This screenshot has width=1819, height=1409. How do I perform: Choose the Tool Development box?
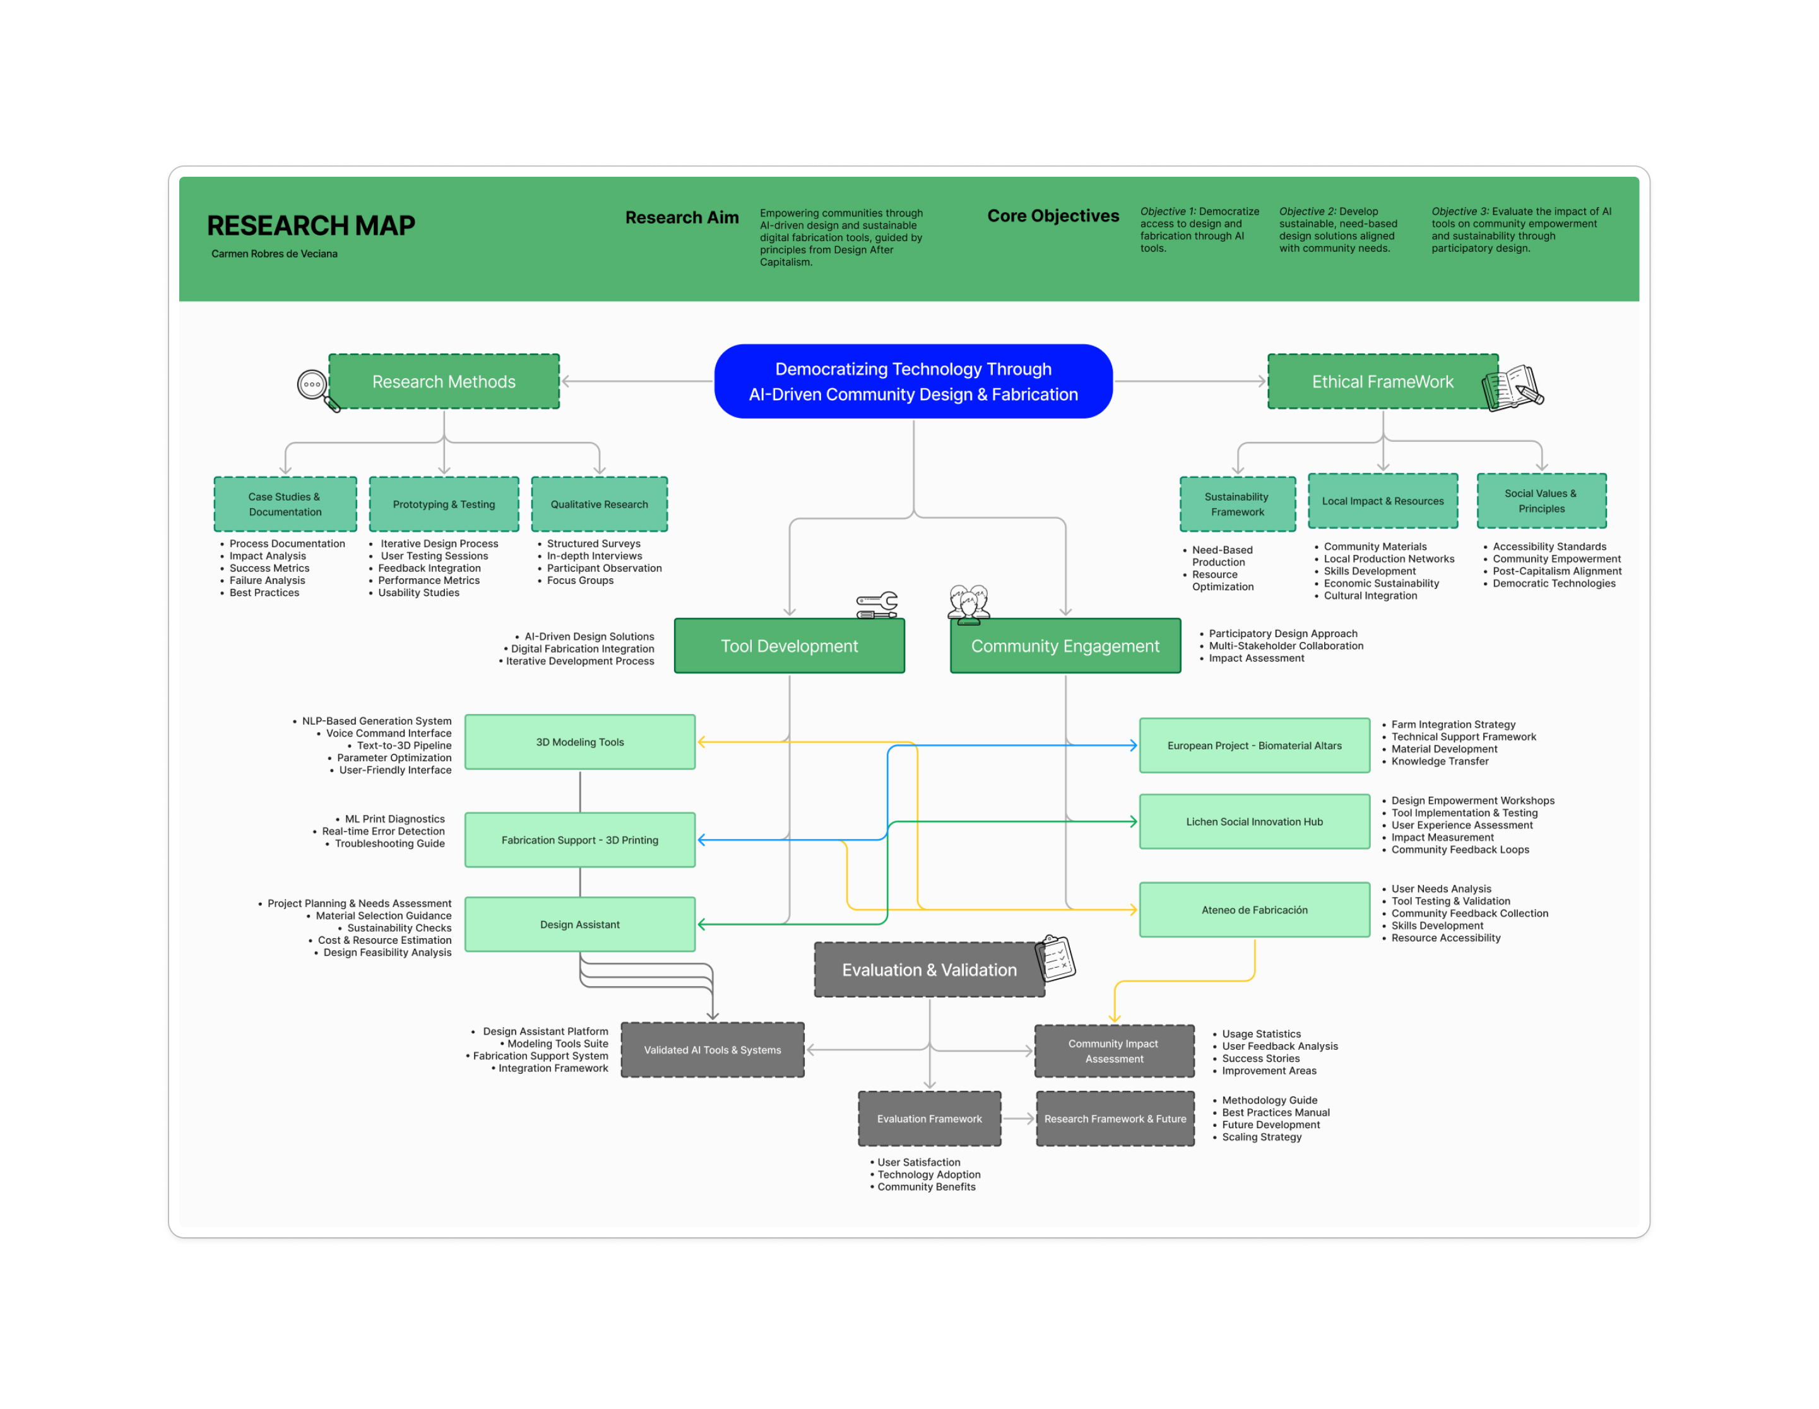click(789, 646)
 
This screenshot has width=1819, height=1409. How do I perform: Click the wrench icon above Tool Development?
click(877, 604)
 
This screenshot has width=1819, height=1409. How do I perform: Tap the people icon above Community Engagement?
click(969, 604)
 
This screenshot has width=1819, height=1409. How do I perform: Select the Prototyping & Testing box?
click(444, 504)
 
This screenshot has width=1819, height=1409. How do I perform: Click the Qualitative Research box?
click(599, 504)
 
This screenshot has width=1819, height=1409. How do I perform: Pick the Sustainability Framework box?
click(1238, 504)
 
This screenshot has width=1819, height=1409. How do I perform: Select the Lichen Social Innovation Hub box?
click(1254, 821)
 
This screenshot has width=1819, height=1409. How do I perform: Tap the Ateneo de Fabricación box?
click(1254, 910)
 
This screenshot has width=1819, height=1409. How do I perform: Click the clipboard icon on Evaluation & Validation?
click(1055, 958)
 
